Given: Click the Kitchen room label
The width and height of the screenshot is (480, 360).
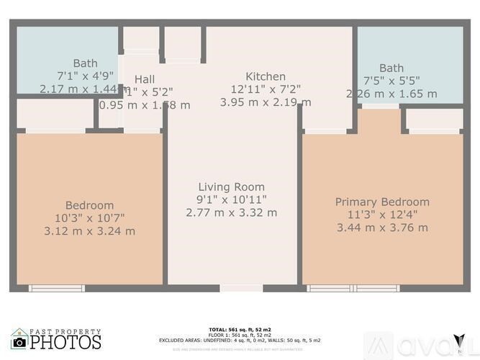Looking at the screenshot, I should (266, 76).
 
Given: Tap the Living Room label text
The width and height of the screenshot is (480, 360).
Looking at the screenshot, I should (231, 187).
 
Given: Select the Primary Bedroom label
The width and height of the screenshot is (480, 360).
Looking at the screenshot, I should (382, 202).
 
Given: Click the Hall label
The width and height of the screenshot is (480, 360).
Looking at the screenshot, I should (145, 79).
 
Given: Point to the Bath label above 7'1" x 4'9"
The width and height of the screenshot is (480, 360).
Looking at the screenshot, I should (85, 63).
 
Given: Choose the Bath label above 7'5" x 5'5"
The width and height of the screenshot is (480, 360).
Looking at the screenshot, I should (391, 68).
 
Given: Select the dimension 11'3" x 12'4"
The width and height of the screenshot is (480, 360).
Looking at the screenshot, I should (382, 215).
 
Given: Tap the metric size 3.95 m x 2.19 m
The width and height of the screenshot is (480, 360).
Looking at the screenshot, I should (266, 102).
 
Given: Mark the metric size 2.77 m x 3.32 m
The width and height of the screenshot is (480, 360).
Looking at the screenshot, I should (231, 212).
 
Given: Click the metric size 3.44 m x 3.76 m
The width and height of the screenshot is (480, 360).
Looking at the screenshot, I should (382, 228).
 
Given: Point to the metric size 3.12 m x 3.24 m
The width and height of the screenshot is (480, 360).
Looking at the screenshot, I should (90, 231).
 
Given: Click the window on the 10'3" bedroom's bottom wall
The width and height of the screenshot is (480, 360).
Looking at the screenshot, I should (56, 288).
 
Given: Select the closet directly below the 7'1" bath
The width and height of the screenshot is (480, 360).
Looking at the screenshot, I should (56, 115).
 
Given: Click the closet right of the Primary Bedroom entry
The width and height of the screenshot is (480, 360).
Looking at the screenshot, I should (433, 120).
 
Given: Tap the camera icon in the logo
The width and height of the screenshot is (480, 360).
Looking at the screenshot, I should (19, 342).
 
